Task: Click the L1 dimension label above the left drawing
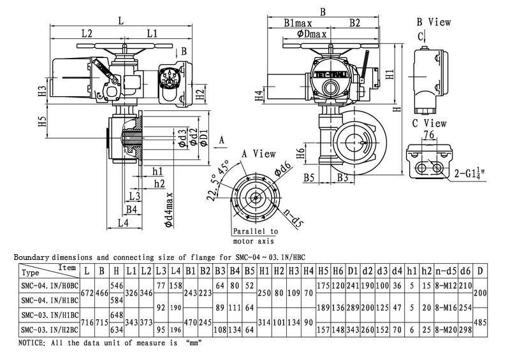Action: [x=153, y=32]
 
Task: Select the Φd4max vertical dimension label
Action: [x=168, y=205]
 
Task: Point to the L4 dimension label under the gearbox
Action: [x=123, y=222]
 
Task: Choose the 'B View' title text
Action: [x=433, y=22]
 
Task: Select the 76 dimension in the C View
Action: [x=428, y=134]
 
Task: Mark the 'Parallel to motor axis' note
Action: [x=254, y=236]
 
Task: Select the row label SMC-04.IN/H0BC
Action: [x=45, y=285]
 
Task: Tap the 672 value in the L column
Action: [x=85, y=291]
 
